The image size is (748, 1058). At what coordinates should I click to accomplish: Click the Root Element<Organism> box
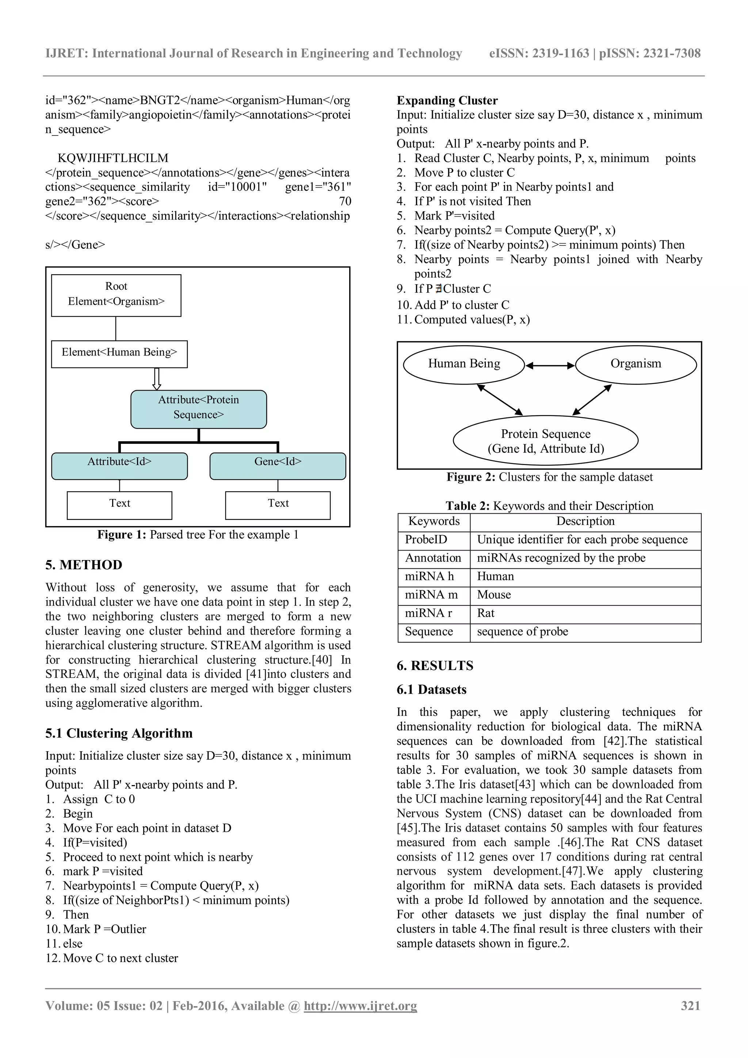(x=116, y=296)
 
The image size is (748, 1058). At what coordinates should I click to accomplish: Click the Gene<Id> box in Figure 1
(x=278, y=466)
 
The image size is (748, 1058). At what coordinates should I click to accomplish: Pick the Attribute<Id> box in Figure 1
(x=119, y=466)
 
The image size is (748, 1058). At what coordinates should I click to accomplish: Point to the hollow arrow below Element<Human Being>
(x=157, y=379)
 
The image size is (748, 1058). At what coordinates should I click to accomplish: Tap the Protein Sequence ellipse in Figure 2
(x=545, y=441)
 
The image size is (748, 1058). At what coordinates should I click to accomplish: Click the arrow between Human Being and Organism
(x=550, y=366)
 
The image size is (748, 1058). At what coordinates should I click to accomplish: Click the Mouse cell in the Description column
(x=494, y=595)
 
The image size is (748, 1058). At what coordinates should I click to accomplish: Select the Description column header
(x=585, y=521)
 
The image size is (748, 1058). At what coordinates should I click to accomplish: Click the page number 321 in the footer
(x=690, y=1006)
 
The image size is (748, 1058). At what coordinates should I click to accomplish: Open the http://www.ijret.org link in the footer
(x=360, y=1006)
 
